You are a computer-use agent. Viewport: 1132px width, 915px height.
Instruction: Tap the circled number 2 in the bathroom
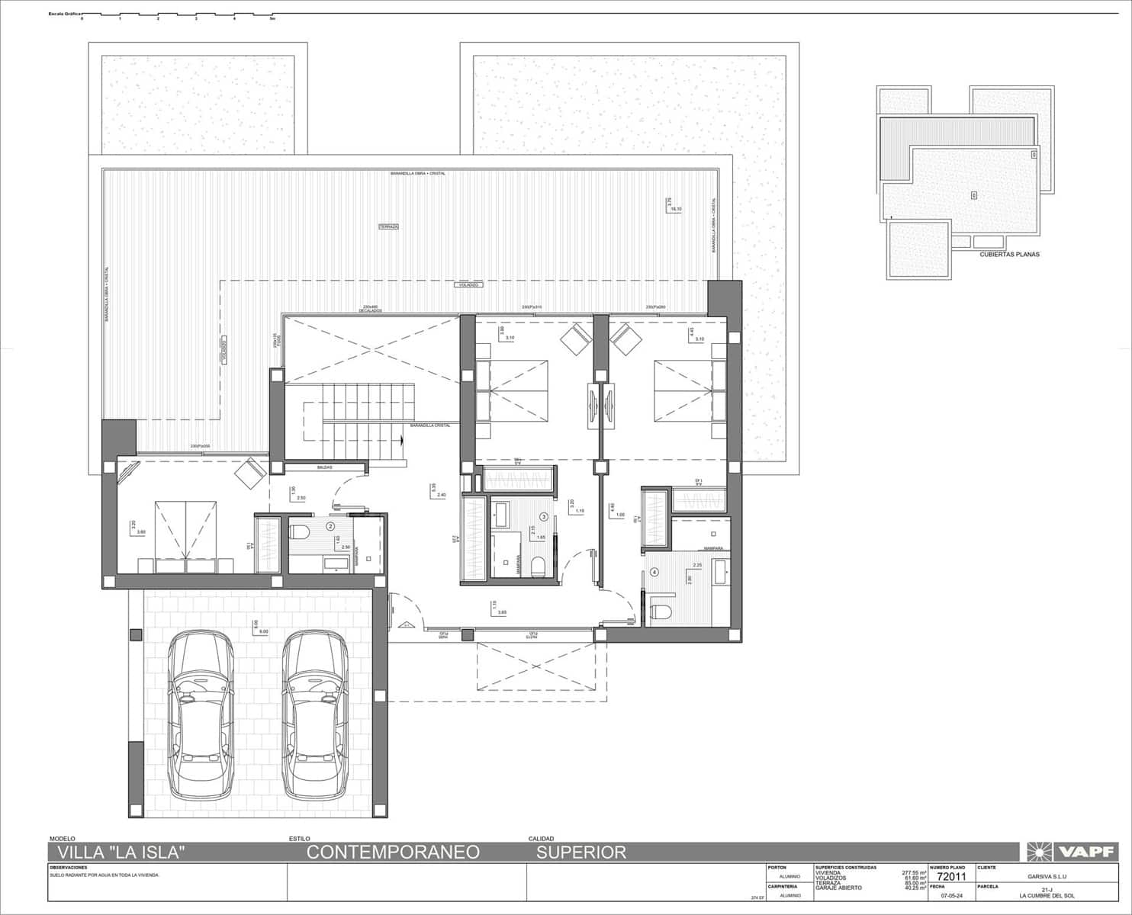click(x=330, y=525)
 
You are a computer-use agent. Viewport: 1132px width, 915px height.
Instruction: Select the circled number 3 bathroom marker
click(x=543, y=516)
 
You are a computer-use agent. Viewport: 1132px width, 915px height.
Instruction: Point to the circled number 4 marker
click(x=654, y=572)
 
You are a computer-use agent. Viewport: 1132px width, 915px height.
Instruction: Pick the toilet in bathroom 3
click(x=539, y=565)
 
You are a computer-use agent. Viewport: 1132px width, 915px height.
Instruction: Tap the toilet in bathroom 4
click(x=661, y=611)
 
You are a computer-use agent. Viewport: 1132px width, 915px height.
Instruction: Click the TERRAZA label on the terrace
click(x=389, y=226)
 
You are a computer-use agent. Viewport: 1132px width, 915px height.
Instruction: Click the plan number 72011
click(x=951, y=877)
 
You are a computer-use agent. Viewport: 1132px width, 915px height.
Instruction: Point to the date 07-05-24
click(x=951, y=896)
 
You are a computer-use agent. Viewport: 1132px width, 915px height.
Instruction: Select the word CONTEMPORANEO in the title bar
click(x=393, y=852)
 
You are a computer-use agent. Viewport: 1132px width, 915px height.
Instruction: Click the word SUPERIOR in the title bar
click(x=580, y=852)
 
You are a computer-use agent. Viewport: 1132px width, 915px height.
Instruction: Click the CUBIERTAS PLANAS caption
click(x=1009, y=255)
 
